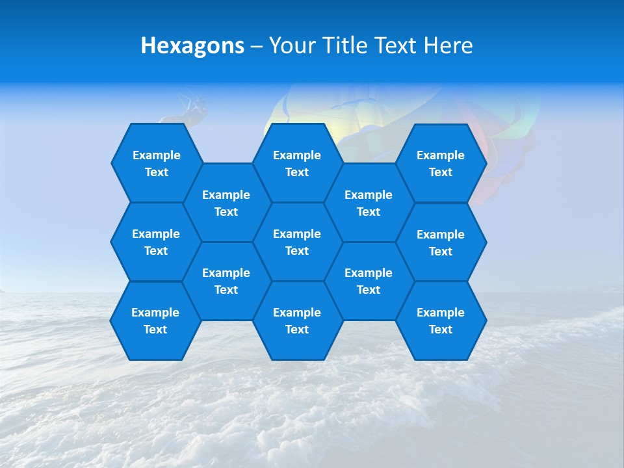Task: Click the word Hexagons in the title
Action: [x=192, y=45]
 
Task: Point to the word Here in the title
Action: [x=448, y=45]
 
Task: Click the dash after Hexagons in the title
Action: [x=256, y=46]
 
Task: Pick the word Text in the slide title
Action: [x=396, y=45]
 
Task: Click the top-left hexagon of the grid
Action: [x=156, y=163]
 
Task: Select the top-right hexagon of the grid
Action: [x=441, y=163]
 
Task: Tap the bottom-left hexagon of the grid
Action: [x=155, y=320]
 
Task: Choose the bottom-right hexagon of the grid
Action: [x=441, y=320]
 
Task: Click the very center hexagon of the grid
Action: [x=297, y=242]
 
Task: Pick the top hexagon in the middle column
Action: [x=297, y=163]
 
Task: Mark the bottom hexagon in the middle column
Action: [x=297, y=320]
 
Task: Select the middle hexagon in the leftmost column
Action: [x=156, y=242]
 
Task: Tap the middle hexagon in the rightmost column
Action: [x=441, y=242]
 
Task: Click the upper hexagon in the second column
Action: [x=226, y=203]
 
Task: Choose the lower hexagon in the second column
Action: [x=226, y=281]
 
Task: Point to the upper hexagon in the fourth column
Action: [x=369, y=203]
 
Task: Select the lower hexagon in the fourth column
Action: [x=369, y=281]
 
